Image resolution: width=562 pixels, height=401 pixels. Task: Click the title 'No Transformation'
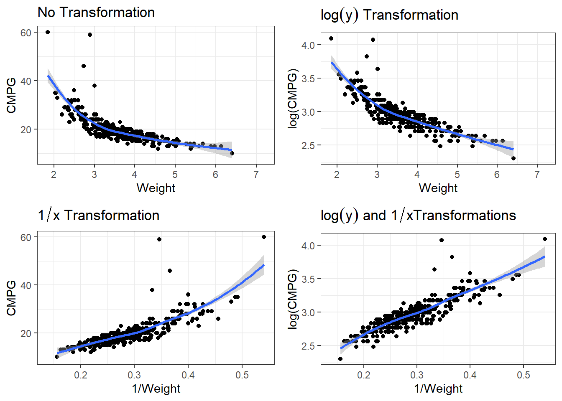click(96, 12)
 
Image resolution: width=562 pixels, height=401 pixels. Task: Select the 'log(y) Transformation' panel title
click(389, 15)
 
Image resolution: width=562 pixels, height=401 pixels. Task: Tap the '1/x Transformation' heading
click(99, 216)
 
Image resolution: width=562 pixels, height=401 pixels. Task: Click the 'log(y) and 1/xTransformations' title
click(418, 216)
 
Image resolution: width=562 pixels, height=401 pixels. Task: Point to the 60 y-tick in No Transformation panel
click(26, 33)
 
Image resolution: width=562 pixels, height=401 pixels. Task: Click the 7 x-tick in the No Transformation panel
click(256, 174)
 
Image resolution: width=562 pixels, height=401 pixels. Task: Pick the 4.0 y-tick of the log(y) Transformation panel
click(308, 45)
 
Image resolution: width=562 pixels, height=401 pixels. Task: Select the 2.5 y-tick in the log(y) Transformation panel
click(308, 146)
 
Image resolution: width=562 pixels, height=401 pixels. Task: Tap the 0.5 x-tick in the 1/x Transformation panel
click(242, 375)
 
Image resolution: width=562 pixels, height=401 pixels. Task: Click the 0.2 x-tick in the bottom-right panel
click(364, 375)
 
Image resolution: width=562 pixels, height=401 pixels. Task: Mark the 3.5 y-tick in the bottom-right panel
click(308, 279)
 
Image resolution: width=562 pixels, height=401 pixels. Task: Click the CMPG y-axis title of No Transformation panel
click(11, 95)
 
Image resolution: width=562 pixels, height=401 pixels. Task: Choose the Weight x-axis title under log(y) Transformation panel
click(438, 188)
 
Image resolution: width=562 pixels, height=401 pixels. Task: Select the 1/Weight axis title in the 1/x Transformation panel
click(156, 388)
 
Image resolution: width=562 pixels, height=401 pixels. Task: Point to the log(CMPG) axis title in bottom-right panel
click(293, 299)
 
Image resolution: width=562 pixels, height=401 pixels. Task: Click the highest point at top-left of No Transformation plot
click(48, 32)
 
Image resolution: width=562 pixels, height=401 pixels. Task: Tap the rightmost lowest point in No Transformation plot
click(232, 153)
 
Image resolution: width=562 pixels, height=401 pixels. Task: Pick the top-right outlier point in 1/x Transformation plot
click(264, 237)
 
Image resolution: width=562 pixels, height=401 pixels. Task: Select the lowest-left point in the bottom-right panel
click(340, 359)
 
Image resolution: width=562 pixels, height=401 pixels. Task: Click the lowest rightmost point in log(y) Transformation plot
click(513, 158)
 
